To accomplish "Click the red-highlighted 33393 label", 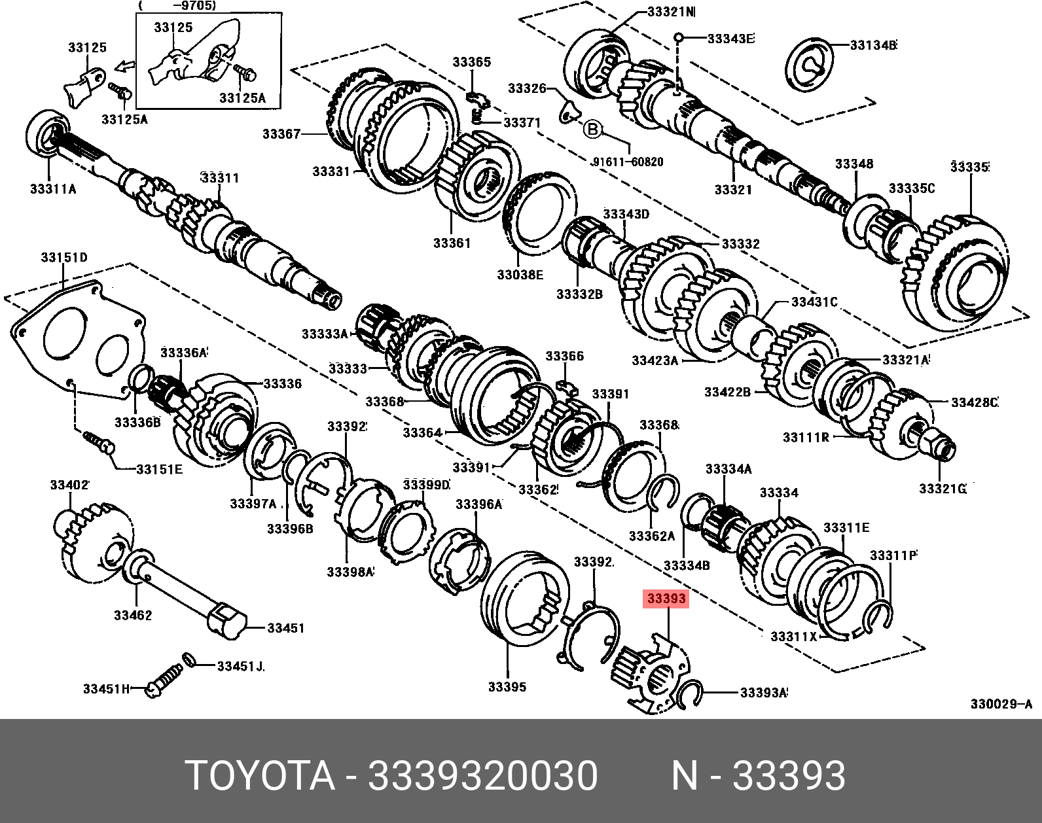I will [x=666, y=599].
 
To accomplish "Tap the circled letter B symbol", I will [x=592, y=130].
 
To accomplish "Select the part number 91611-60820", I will [x=627, y=162].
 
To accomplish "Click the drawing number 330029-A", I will [x=1001, y=704].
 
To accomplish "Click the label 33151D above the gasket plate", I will [x=64, y=258].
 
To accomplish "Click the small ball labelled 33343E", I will [x=679, y=37].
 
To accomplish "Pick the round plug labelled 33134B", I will [x=810, y=65].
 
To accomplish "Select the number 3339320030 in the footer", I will [x=483, y=776].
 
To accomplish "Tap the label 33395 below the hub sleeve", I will [x=507, y=687].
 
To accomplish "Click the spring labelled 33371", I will [x=478, y=116].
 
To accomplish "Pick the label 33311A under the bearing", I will [x=53, y=189].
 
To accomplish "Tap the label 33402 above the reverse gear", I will [x=69, y=485].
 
